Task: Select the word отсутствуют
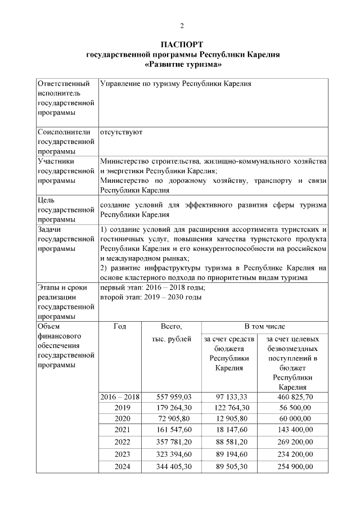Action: click(x=121, y=132)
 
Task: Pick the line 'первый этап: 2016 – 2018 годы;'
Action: click(x=148, y=287)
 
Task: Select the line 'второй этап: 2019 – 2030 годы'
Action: click(x=150, y=297)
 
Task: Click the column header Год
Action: click(x=120, y=326)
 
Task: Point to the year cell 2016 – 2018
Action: click(x=120, y=397)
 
